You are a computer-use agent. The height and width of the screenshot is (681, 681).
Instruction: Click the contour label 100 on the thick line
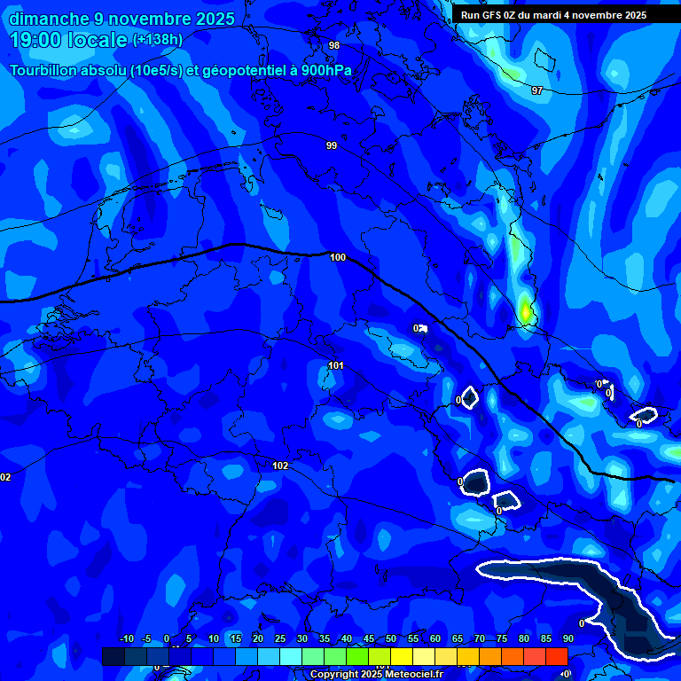click(338, 257)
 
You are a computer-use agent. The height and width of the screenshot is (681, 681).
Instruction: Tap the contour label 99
click(332, 145)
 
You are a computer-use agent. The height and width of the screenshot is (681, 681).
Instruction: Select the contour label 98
click(334, 45)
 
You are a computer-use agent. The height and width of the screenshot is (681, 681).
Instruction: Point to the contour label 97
click(536, 90)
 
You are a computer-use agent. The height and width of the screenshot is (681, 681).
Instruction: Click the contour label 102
click(280, 466)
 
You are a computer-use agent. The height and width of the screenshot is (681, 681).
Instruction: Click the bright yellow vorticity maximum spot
click(525, 312)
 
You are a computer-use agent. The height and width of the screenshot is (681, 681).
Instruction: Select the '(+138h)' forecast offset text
click(158, 40)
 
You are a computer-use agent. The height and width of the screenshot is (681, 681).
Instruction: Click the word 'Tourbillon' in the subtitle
click(44, 71)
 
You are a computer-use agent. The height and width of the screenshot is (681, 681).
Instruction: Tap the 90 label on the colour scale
click(567, 638)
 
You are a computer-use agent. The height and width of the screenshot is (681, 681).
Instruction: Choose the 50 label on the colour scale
click(391, 638)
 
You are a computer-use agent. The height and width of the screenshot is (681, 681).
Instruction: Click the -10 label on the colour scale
click(126, 638)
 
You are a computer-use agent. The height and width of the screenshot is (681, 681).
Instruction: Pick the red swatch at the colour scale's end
click(556, 656)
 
